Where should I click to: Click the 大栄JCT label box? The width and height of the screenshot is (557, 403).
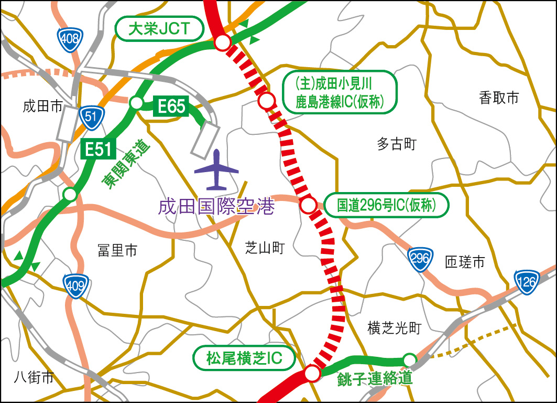pos(159,28)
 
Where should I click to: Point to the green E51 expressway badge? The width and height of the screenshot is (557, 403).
pos(98,150)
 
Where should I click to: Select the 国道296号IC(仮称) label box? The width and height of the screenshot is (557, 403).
pos(387,205)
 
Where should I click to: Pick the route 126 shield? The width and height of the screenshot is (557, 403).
pos(526,282)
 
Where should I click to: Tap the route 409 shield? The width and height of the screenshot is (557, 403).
pos(74,285)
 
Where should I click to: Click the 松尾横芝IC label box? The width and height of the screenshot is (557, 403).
pos(244,359)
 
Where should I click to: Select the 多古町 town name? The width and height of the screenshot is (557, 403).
pos(396,144)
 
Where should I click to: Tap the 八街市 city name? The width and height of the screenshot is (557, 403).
pos(34,377)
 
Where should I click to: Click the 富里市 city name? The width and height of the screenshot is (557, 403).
pos(117,251)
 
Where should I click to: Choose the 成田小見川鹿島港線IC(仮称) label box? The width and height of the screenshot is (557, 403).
pos(340,91)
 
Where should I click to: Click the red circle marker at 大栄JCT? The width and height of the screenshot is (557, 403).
pos(223,43)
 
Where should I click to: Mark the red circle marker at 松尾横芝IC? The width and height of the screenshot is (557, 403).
pos(312,373)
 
